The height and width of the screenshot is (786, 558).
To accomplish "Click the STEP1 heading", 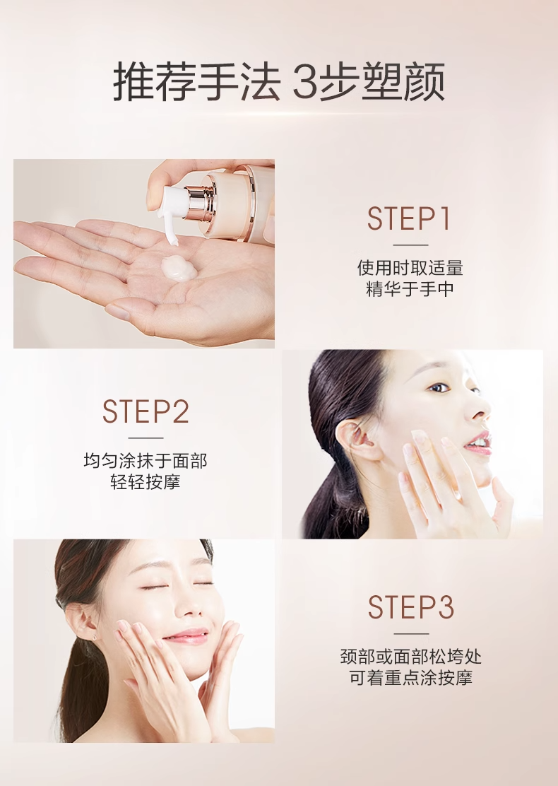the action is pos(409,218).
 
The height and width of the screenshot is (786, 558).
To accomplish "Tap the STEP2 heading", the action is pos(146,411).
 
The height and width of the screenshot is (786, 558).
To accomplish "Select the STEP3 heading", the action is pos(411,607).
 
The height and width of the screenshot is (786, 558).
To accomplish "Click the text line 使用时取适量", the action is pos(410,268).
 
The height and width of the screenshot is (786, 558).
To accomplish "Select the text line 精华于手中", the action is pos(410,289).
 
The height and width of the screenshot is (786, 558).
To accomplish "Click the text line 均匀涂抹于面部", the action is pos(146,461).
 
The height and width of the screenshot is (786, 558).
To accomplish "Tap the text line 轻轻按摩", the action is pos(146,482).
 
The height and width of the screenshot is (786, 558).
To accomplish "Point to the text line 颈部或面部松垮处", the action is pos(411,656).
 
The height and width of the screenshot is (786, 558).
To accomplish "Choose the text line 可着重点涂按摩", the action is pos(411,678).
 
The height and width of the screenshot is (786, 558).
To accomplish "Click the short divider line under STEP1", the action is pos(410,245).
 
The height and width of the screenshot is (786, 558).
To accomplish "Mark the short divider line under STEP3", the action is pos(411,633).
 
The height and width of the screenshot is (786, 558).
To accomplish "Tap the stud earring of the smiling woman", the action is pos(94,638).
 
